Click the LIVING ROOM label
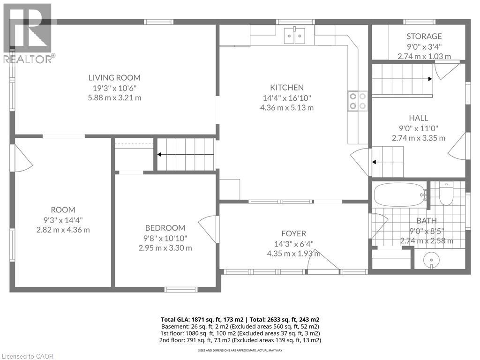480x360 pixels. (x=115, y=78)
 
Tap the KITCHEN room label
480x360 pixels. (x=286, y=87)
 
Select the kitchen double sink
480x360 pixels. (x=296, y=36)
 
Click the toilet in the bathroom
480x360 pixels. (x=446, y=195)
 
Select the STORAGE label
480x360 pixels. (x=424, y=36)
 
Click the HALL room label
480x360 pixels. (x=418, y=118)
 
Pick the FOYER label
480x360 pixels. (x=293, y=233)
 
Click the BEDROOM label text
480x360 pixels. (x=165, y=228)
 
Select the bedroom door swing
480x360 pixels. (x=209, y=229)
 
